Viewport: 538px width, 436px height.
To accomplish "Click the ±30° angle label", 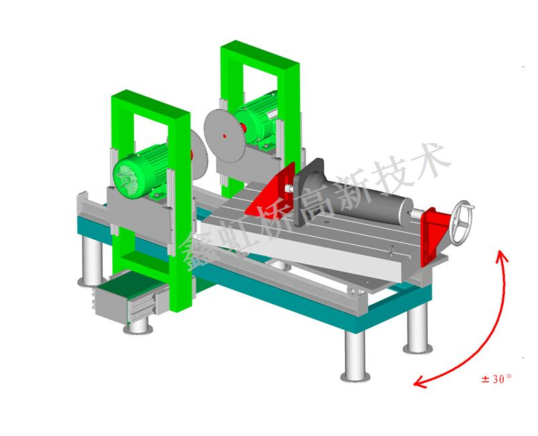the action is click(496, 379).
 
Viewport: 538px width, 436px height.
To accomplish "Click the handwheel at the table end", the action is click(461, 223).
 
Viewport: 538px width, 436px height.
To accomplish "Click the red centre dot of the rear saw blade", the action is click(225, 136).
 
